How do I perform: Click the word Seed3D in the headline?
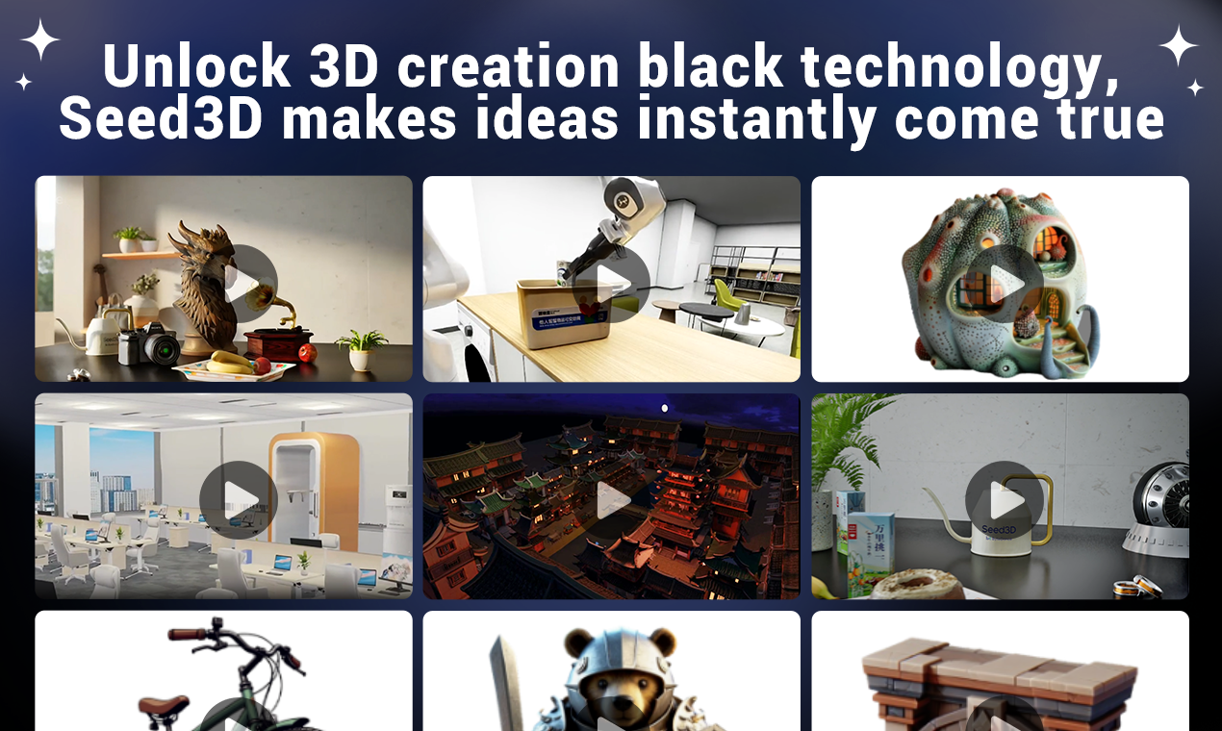(160, 119)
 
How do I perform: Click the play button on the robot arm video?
(611, 284)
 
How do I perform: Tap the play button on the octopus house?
(1005, 283)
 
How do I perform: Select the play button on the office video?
(238, 499)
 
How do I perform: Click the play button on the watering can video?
(1005, 500)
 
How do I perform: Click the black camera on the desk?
(150, 343)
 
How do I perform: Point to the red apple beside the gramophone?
(307, 353)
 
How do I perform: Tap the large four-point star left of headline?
(39, 40)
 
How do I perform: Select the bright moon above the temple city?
(665, 409)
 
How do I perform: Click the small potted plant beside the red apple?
(361, 349)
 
